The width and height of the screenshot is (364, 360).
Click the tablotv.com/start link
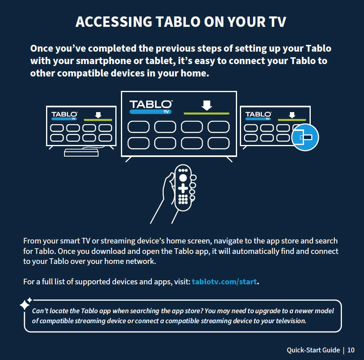(x=224, y=282)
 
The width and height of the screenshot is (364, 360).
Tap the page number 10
(x=351, y=350)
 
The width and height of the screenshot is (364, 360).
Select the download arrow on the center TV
(x=207, y=105)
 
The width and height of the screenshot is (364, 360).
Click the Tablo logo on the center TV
(x=151, y=107)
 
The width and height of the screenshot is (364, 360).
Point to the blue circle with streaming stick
(x=305, y=137)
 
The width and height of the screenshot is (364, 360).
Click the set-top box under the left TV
(x=81, y=153)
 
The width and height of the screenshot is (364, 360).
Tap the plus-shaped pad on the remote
(x=183, y=188)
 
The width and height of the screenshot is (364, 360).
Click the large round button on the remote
(x=183, y=178)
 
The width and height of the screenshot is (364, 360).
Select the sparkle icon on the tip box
(x=25, y=304)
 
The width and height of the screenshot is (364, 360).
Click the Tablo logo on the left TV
(x=64, y=116)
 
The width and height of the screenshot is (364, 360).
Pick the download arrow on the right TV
(x=292, y=115)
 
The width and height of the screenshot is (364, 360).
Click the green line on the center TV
(x=206, y=113)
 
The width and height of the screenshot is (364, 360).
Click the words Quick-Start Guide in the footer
(x=313, y=350)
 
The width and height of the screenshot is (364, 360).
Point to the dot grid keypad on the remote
(x=183, y=199)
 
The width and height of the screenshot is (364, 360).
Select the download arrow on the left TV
(x=98, y=115)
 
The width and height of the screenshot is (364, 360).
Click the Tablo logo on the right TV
(x=258, y=116)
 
